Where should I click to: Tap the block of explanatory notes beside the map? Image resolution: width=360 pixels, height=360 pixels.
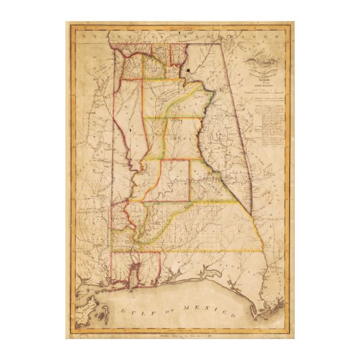271,127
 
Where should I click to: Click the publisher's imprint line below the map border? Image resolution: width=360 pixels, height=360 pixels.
180,335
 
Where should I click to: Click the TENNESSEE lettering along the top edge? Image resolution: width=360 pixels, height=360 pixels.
180,33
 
